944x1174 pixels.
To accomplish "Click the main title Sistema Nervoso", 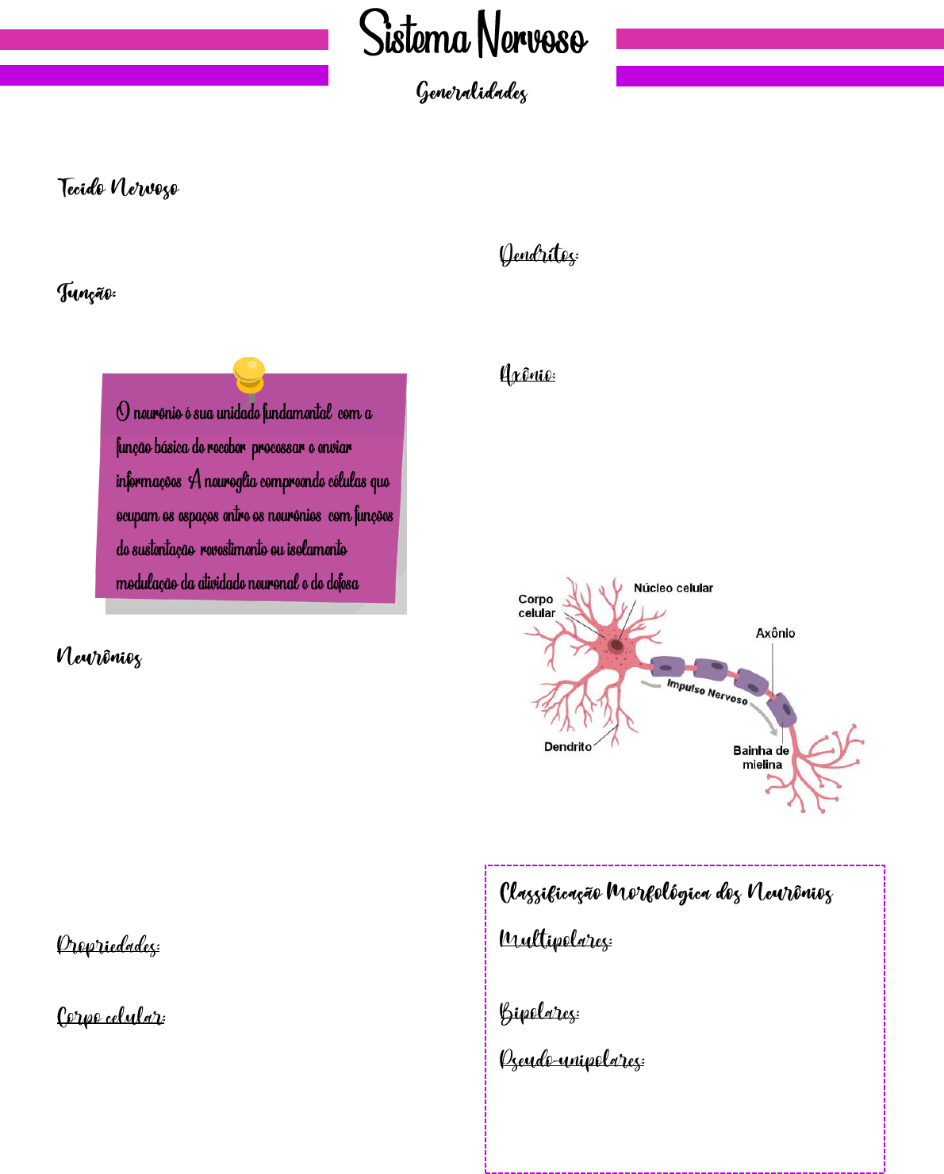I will coord(473,36).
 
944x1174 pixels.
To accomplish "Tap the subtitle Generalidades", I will coord(472,93).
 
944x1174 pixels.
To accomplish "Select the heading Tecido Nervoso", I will coord(118,188).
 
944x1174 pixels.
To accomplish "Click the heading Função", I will coord(86,293).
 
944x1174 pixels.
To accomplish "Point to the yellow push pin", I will coord(249,374).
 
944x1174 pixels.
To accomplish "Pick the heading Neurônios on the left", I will coord(99,657).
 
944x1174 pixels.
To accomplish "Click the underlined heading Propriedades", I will coord(108,946).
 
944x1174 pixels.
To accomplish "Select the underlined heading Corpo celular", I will coord(111,1017).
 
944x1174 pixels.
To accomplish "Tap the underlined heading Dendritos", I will coord(539,255).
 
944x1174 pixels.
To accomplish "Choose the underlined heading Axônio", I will coord(528,374).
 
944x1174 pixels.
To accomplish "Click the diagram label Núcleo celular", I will coord(673,588).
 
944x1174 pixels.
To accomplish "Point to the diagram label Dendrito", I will coord(567,746).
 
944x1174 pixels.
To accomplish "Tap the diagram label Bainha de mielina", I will coord(761,758).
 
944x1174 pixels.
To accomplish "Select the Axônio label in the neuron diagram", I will coord(775,633).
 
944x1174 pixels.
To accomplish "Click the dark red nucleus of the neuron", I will coord(616,645).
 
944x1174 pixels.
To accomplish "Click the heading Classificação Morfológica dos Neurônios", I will coord(666,894).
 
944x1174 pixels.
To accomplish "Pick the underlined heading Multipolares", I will coord(555,941).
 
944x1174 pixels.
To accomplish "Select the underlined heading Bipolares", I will coord(539,1013).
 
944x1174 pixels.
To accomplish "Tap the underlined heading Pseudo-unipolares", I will coord(572,1060).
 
